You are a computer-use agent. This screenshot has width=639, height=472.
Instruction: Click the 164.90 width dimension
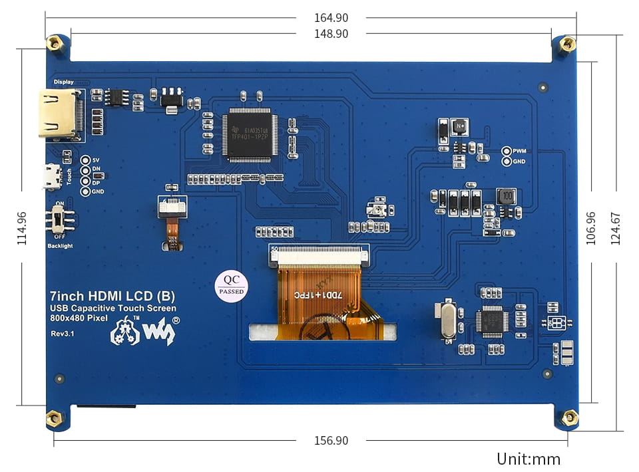click(331, 18)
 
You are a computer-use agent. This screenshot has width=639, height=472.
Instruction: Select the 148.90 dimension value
click(331, 34)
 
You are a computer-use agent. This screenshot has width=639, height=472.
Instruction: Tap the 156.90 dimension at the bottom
click(331, 440)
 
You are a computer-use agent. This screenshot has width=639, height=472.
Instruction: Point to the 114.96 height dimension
click(22, 228)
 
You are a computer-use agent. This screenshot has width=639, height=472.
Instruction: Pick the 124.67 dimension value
click(616, 228)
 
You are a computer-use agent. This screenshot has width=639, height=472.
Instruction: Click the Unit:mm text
click(529, 459)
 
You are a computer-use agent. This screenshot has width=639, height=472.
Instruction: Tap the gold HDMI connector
click(59, 115)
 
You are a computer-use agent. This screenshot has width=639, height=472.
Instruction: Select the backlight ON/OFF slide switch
click(60, 219)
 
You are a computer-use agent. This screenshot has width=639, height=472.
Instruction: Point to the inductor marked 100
click(507, 196)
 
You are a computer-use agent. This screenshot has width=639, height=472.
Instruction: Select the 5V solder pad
click(85, 160)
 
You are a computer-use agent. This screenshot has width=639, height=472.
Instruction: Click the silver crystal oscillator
click(448, 321)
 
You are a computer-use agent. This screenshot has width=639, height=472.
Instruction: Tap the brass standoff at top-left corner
click(54, 44)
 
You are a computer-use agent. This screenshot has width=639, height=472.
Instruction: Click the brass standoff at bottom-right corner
click(569, 417)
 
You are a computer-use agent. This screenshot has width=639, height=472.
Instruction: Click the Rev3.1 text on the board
click(61, 333)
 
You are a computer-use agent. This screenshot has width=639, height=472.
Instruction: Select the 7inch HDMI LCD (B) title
click(112, 295)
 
